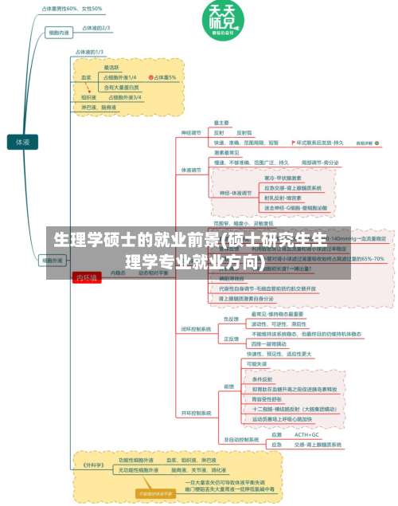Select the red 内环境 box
pos(85,255)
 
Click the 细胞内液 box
pos(58,33)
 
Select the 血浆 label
pos(87,77)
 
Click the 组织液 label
pos(88,97)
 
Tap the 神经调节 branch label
pos(191,132)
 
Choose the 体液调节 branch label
pos(191,169)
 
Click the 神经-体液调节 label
pos(233,192)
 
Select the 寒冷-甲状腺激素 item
pos(283,178)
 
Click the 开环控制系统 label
pos(196,413)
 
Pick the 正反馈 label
pos(231,338)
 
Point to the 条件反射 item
pos(263,379)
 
